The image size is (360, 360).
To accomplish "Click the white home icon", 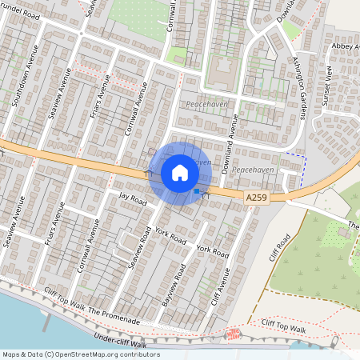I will [x=179, y=173].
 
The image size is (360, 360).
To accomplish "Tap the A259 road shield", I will [x=256, y=198].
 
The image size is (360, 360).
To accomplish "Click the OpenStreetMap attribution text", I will [x=80, y=354].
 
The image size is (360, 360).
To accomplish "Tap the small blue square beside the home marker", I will [x=197, y=191].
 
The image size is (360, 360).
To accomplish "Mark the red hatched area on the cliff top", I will [x=234, y=333].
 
